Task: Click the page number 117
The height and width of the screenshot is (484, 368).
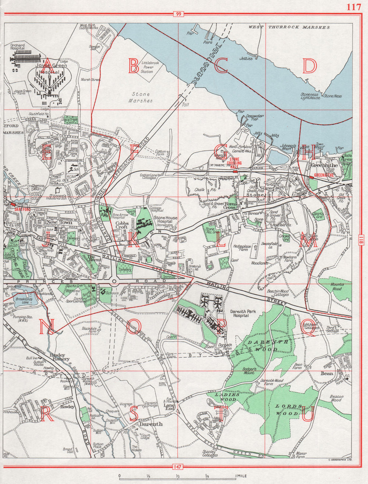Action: coord(353,7)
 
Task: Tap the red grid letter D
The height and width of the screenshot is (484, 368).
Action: coord(309,66)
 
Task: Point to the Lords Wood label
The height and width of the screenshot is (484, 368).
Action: coord(289,410)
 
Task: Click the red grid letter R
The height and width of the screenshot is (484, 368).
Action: coord(47,415)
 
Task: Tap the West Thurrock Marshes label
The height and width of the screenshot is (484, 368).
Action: coord(289,27)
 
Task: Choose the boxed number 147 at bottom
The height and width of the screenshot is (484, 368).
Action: coord(178,467)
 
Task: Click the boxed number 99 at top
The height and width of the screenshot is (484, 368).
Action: coord(178,14)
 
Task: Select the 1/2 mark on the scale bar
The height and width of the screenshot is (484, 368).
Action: coord(177,476)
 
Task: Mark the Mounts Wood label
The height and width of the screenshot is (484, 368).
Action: coord(337,286)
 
